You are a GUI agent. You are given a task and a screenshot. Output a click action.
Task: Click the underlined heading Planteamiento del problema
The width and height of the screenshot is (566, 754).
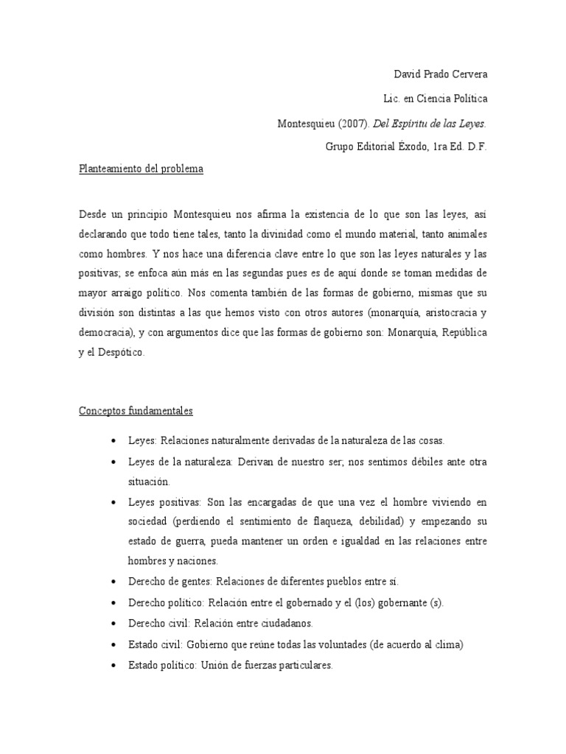coord(141,169)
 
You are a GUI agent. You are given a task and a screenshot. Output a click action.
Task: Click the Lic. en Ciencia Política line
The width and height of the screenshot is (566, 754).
coord(436,98)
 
